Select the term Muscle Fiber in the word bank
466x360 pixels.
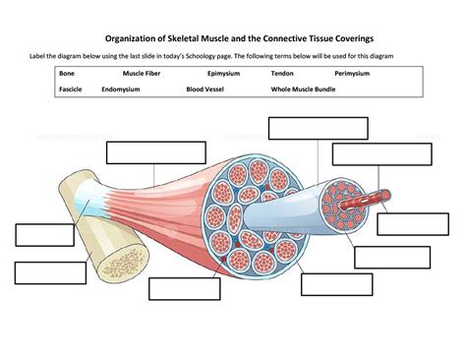(142, 74)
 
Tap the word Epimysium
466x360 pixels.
(226, 74)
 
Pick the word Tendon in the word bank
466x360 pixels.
(283, 74)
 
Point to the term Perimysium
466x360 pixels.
(351, 74)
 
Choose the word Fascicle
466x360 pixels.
(71, 89)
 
